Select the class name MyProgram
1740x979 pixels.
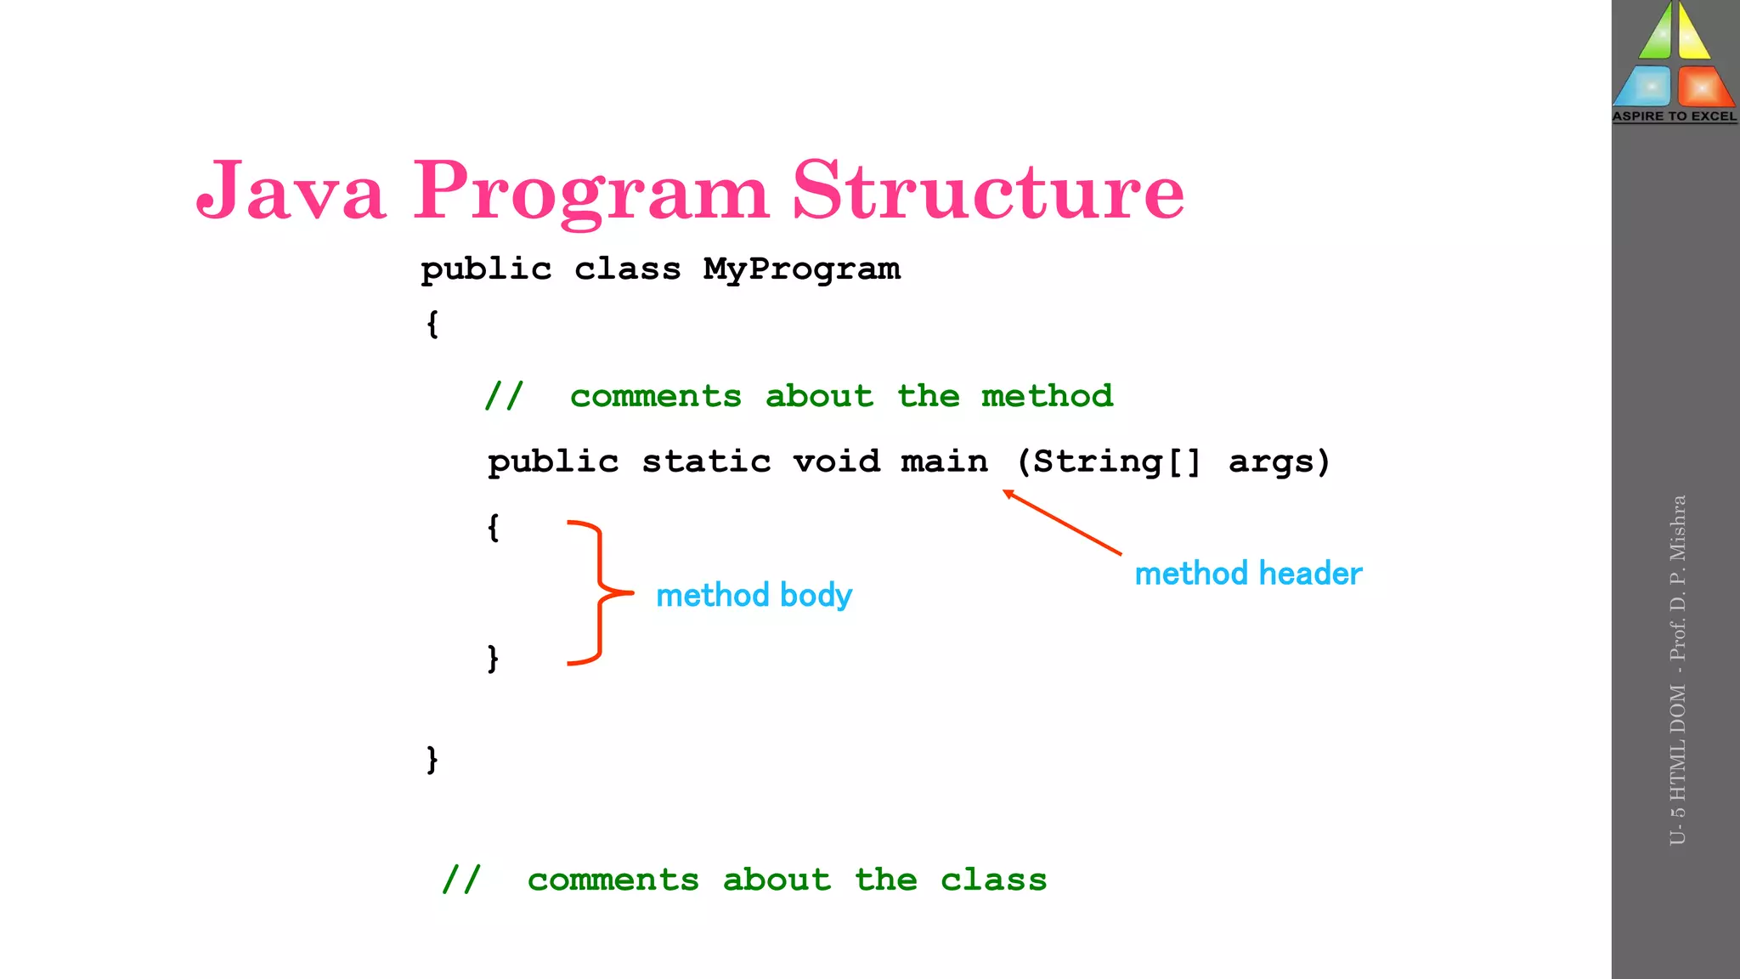[801, 269]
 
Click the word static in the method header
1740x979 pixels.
[706, 461]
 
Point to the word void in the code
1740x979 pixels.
[836, 461]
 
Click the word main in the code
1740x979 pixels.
[944, 461]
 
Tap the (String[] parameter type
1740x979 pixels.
[1109, 461]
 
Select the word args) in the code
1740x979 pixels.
[1279, 461]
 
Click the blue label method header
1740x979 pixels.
[1248, 574]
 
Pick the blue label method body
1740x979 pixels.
[754, 595]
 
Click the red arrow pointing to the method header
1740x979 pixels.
[1062, 523]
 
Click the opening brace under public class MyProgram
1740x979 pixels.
[432, 324]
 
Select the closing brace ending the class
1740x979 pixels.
[432, 759]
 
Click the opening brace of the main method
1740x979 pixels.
[493, 527]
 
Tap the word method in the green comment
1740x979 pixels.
[1047, 396]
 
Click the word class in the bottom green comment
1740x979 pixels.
[993, 880]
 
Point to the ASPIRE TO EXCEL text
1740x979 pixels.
[1675, 116]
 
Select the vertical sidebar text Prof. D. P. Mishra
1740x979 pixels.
[1677, 578]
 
